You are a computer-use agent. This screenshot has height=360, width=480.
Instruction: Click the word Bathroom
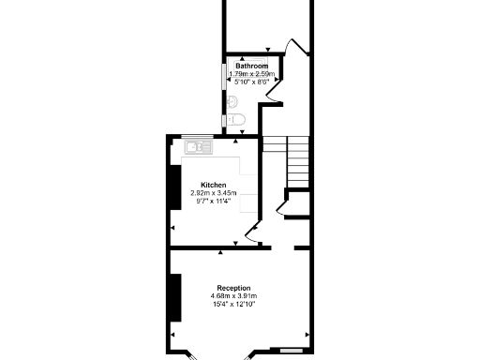[252, 67]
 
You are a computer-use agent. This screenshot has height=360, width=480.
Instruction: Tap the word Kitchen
[214, 185]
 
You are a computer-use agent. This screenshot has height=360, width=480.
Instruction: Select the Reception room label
[233, 288]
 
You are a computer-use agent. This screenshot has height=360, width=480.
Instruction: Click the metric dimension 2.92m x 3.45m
[214, 193]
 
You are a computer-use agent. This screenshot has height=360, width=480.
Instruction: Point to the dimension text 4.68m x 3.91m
[233, 296]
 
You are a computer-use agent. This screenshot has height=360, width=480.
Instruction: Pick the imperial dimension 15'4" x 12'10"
[233, 305]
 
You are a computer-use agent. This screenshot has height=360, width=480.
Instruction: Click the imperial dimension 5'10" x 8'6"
[250, 82]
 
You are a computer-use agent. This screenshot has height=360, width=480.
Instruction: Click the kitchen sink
[199, 146]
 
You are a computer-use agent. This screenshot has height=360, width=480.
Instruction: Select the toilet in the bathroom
[235, 119]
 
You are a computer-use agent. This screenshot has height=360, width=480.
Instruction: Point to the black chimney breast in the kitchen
[174, 187]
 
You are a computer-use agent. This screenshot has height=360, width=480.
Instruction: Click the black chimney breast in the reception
[174, 296]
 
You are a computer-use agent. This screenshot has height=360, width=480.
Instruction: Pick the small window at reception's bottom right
[291, 351]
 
